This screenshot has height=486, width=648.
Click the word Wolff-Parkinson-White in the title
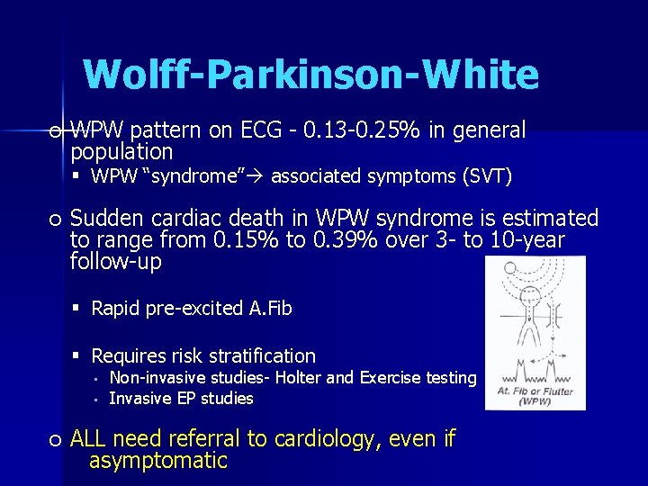(310, 74)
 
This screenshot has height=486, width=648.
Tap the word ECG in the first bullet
(261, 131)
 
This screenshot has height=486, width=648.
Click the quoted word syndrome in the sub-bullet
(193, 176)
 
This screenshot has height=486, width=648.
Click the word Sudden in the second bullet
(106, 219)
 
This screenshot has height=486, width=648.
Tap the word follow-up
(115, 262)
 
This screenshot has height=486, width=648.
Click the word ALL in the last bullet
(89, 439)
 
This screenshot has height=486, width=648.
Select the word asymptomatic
(158, 461)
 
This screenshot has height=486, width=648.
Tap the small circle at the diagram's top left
(509, 267)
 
